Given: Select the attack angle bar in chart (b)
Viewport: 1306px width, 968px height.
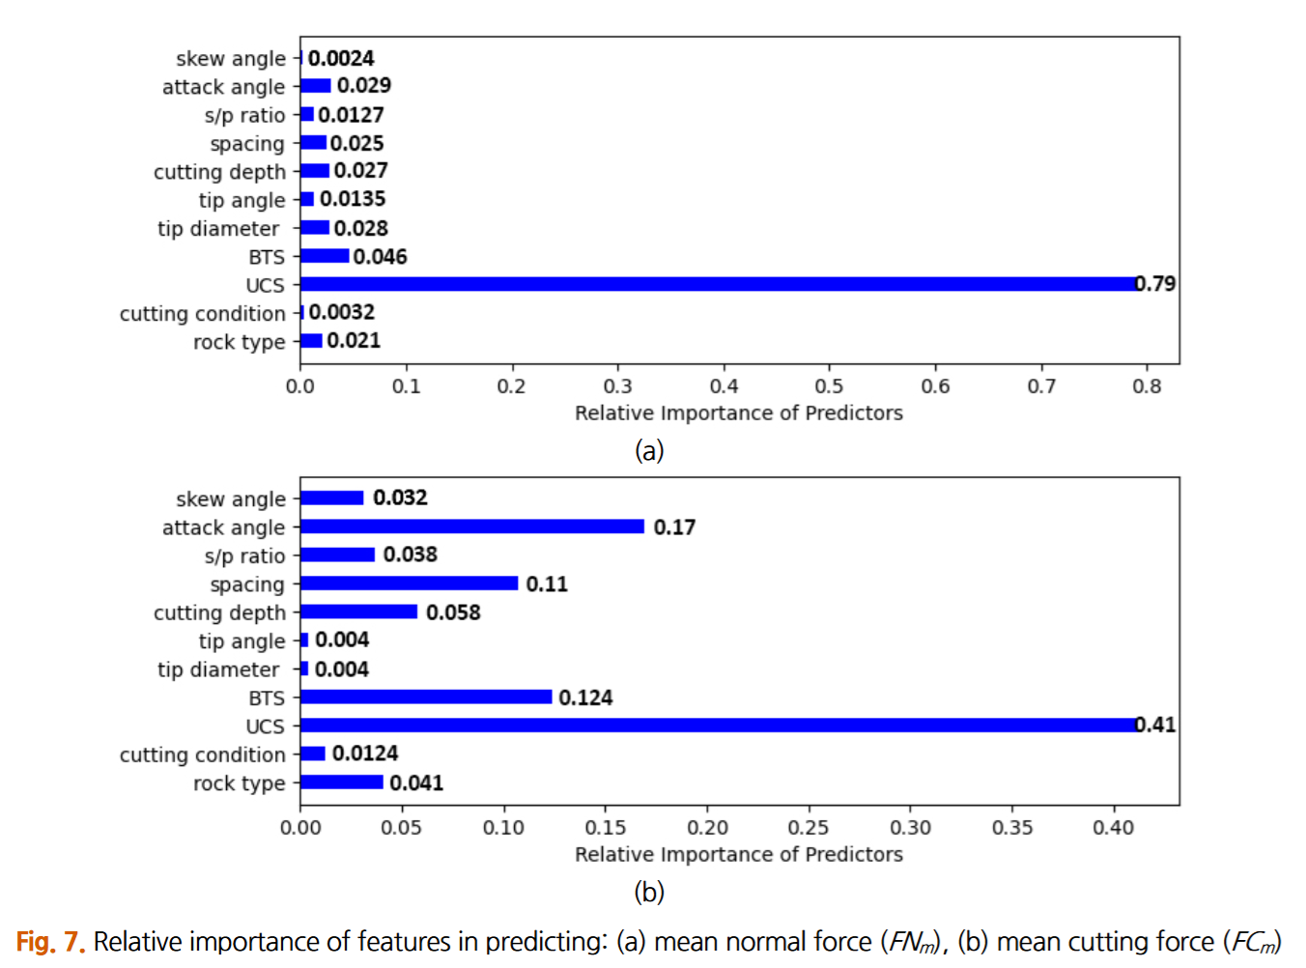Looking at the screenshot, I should click(471, 527).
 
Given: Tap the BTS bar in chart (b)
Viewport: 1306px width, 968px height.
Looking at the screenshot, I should click(425, 697).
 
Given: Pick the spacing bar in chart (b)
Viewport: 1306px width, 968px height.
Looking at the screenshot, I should click(409, 584).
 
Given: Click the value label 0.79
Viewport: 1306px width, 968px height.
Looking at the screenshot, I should click(1155, 284).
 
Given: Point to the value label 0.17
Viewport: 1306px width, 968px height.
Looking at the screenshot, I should click(674, 527).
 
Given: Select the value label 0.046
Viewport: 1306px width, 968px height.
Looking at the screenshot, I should click(380, 257).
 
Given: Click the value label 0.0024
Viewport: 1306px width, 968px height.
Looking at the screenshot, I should click(341, 59).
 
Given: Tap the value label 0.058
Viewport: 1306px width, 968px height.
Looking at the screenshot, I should click(453, 612).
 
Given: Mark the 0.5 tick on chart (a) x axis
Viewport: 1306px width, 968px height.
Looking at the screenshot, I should click(829, 365).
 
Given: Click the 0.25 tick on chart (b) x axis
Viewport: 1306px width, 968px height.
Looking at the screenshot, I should click(809, 807).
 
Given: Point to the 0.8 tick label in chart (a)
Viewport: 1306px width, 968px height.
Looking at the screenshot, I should click(1147, 386).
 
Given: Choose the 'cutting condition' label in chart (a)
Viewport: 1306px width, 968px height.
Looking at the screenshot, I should click(203, 314).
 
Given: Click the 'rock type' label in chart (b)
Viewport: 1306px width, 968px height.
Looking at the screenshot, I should click(240, 783).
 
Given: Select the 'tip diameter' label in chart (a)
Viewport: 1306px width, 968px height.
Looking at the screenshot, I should click(218, 229).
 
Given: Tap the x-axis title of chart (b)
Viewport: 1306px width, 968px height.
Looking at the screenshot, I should click(739, 854).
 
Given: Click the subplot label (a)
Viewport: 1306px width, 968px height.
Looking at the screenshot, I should click(649, 450).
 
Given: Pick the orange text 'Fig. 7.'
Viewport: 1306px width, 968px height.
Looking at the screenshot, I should click(50, 941).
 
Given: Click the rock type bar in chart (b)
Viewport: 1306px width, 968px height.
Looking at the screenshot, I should click(341, 783).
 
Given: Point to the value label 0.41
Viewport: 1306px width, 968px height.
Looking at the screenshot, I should click(1155, 725).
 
